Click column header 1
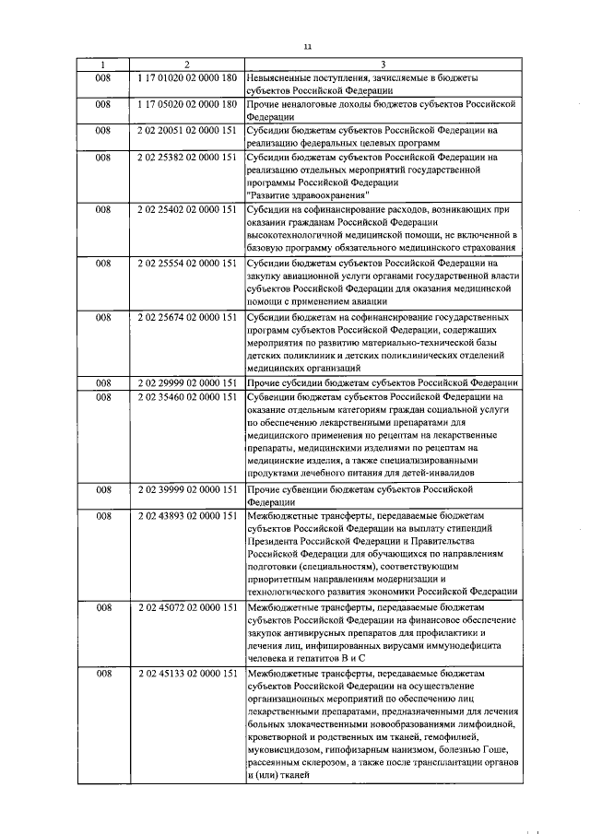point(103,65)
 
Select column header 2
point(187,65)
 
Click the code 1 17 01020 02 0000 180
point(187,78)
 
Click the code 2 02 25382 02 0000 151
point(187,158)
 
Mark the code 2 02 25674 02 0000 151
point(187,318)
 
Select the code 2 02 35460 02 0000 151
point(187,396)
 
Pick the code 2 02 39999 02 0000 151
point(187,489)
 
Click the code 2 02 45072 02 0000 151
point(187,608)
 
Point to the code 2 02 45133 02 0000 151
point(187,674)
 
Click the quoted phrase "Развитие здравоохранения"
point(309,195)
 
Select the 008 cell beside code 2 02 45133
point(103,674)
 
